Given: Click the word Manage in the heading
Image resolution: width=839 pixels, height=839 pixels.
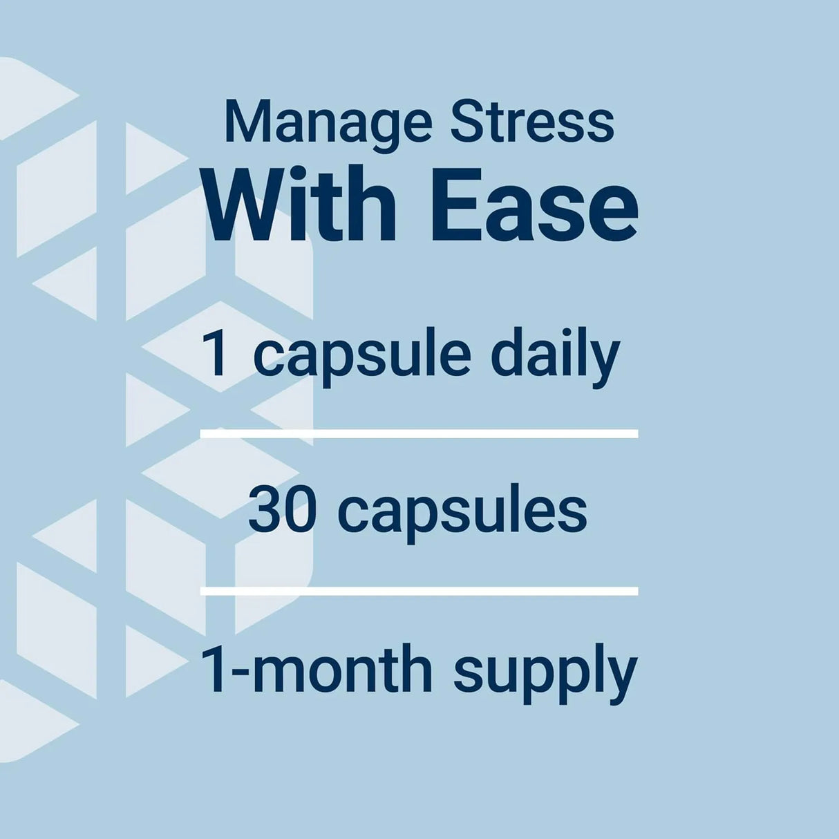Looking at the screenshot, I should [328, 123].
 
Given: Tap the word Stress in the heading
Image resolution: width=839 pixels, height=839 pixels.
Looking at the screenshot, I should [531, 123].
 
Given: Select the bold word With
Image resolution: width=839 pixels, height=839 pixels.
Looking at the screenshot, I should [300, 205].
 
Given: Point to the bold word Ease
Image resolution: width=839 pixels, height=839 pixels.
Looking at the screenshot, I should [535, 205].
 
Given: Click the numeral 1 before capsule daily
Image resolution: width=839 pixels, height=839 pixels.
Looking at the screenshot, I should [216, 354].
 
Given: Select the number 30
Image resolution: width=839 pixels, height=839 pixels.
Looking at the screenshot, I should [282, 511].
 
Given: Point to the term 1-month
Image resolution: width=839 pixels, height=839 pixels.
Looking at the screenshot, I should [316, 669].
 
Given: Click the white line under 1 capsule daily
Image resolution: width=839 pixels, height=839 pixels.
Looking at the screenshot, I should [419, 433].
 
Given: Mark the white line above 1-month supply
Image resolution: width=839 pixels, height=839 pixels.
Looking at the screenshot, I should [419, 591].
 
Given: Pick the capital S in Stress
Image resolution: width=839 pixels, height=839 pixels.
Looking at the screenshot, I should [466, 123].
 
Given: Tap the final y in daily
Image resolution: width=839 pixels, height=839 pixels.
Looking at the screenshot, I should [606, 361].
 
